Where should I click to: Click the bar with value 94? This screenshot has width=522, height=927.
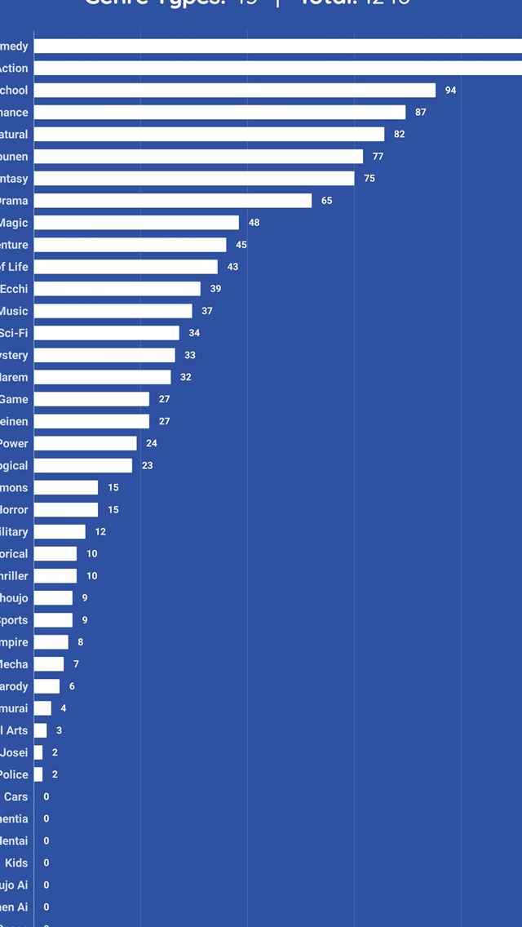point(235,91)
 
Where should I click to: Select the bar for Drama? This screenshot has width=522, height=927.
point(173,201)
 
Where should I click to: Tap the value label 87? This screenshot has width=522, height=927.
point(421,113)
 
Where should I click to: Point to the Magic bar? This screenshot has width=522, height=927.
point(136,223)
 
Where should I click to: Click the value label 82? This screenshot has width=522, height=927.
point(399,135)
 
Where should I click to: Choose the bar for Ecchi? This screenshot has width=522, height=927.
point(117,289)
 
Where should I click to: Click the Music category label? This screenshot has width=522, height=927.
point(14,311)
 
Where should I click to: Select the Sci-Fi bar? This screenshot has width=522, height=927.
point(106,333)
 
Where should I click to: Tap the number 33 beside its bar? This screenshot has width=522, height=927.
point(190,356)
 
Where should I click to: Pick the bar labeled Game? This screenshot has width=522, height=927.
point(91,399)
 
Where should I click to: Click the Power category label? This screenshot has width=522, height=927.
point(14,444)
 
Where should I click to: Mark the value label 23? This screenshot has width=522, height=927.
point(148,466)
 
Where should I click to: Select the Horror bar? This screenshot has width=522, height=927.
point(66,510)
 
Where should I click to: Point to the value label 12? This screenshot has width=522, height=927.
point(100,532)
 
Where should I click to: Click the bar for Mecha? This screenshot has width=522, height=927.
point(49,664)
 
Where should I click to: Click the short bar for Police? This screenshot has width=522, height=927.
point(38,774)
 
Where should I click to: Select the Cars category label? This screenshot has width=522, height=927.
point(16,797)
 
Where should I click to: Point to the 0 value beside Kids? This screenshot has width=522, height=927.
point(46,863)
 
